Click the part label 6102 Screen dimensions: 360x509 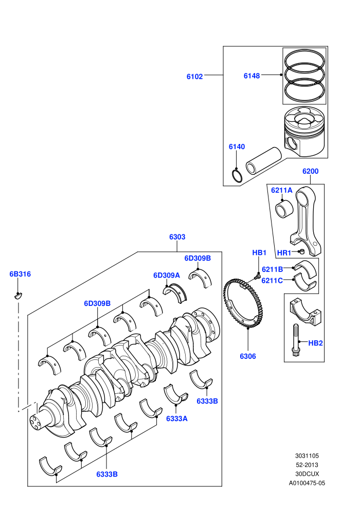point(194,77)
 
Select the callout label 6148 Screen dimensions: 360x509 point(251,76)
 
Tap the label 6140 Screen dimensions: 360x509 point(237,147)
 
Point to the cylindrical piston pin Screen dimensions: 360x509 point(264,161)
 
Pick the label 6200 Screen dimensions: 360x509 point(310,171)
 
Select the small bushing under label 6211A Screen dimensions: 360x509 point(284,208)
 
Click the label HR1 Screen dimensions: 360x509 point(284,253)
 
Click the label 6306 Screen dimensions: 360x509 point(248,356)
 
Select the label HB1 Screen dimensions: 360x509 point(259,252)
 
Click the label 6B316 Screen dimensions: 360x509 point(20,274)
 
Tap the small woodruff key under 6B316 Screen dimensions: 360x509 point(18,295)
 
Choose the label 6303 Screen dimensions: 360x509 point(177,237)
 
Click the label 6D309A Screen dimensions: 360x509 point(167,275)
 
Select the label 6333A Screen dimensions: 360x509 point(177,419)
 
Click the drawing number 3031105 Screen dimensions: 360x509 point(307,456)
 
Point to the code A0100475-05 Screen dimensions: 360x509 point(307,483)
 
